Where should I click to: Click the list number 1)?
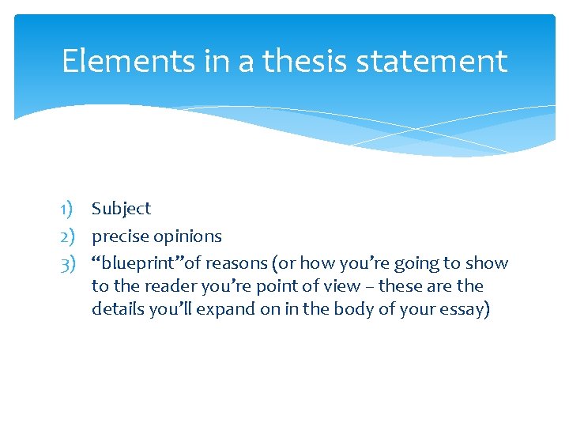[x=67, y=209]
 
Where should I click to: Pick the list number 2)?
[x=67, y=236]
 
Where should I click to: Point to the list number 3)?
[x=67, y=263]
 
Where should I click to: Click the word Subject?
[x=121, y=209]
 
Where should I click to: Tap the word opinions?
[x=187, y=236]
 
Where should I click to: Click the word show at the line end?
[x=488, y=263]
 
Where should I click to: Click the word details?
[x=117, y=309]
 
